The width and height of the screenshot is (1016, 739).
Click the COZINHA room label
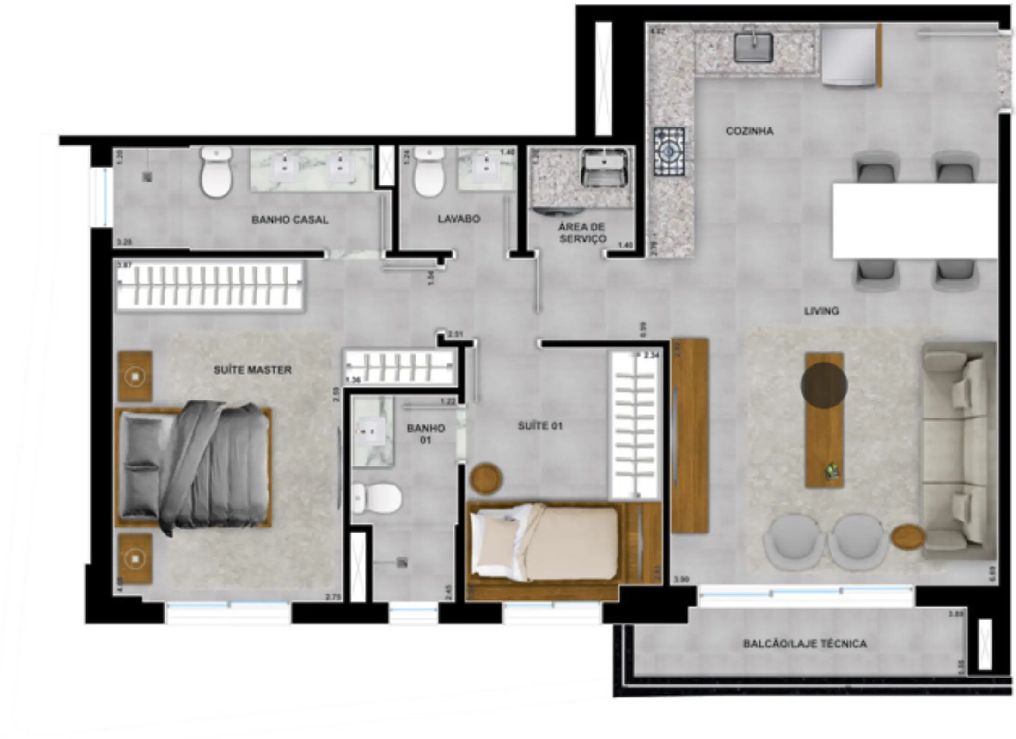(x=749, y=131)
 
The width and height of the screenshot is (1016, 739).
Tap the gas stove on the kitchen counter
(x=668, y=151)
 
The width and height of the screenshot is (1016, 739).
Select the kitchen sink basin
(x=753, y=47)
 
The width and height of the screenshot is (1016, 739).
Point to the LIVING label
(x=821, y=311)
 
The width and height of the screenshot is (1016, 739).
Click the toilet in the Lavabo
(x=429, y=172)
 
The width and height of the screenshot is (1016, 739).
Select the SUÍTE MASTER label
(x=252, y=370)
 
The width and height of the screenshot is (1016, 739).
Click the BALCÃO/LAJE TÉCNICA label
(x=804, y=643)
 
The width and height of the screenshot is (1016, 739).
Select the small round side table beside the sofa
(x=908, y=537)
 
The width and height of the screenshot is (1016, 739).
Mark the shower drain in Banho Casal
(x=147, y=176)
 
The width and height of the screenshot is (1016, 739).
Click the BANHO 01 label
(x=425, y=434)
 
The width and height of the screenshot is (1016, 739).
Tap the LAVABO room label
(x=459, y=218)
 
